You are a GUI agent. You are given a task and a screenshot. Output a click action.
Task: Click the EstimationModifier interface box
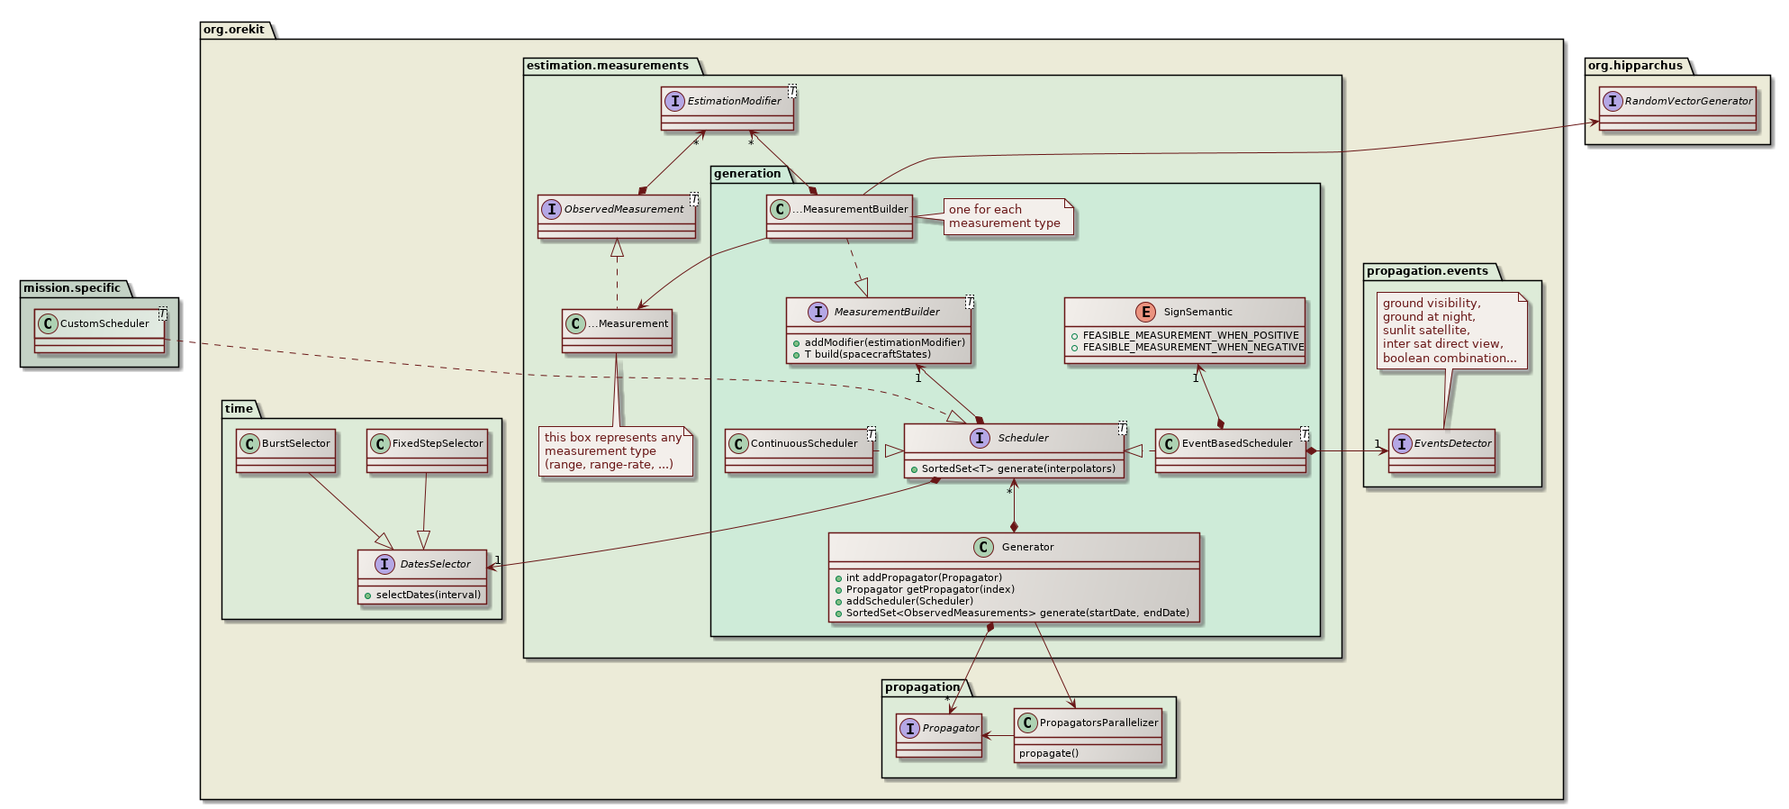click(727, 108)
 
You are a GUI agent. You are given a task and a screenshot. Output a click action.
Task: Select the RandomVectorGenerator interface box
click(1677, 108)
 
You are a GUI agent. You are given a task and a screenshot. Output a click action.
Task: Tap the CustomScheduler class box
click(99, 331)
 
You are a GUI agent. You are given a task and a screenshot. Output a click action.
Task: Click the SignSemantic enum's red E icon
click(1146, 312)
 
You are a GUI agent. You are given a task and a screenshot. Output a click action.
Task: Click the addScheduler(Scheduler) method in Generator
click(909, 601)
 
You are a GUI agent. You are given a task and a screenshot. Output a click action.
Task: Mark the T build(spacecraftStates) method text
click(868, 354)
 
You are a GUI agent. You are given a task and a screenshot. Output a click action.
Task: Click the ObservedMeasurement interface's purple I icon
click(551, 209)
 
